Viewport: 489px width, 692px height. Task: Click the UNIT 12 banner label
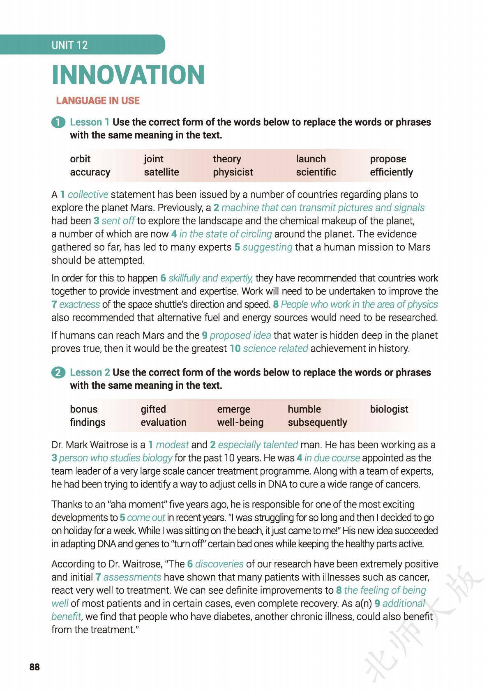click(69, 45)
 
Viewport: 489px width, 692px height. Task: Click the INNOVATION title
click(128, 75)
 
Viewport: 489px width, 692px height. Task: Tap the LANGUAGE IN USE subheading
click(98, 101)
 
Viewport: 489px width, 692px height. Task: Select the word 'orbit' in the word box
click(80, 159)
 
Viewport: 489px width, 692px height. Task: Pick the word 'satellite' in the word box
click(161, 172)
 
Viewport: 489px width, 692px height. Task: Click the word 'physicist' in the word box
click(233, 172)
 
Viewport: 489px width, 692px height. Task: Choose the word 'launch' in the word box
click(311, 159)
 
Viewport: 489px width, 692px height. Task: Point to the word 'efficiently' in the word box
click(391, 172)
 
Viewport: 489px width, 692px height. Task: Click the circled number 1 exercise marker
click(58, 122)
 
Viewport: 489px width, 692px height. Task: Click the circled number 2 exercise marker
click(58, 373)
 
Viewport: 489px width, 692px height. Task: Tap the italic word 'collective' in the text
click(88, 194)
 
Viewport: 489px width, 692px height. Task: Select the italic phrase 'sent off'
click(118, 221)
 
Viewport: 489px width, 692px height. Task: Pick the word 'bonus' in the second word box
click(83, 409)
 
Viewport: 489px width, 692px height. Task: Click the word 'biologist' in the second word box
click(389, 409)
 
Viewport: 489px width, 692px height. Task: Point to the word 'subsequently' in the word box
click(317, 422)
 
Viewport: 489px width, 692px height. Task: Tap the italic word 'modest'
click(172, 445)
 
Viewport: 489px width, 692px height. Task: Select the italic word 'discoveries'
click(219, 564)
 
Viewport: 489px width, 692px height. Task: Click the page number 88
click(35, 667)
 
